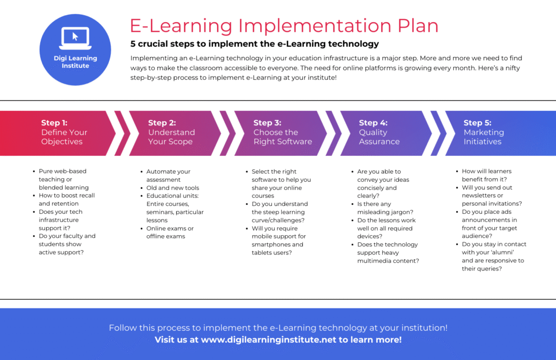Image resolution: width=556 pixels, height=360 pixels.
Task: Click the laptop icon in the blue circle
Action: [75, 36]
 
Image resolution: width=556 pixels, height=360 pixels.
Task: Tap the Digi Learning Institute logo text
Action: [75, 62]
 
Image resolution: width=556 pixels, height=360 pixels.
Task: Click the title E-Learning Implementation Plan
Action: [284, 26]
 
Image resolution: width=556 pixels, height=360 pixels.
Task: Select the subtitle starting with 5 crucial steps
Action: [254, 44]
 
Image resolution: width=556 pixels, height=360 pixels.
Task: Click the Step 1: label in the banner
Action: [54, 123]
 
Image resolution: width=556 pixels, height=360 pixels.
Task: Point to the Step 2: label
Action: [162, 123]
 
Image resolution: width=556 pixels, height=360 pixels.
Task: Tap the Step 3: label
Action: [267, 123]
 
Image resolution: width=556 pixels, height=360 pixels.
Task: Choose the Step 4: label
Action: [373, 123]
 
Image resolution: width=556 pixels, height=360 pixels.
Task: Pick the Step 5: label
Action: [477, 123]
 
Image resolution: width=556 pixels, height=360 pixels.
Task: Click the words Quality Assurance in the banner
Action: [379, 137]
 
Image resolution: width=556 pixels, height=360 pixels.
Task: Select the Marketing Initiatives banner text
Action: [483, 137]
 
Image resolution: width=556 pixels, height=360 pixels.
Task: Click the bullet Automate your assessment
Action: [168, 175]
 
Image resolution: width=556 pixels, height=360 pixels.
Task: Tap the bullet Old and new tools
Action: [173, 188]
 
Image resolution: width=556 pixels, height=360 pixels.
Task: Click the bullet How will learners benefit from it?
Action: [486, 175]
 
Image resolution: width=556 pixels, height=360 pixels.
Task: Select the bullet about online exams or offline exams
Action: [169, 232]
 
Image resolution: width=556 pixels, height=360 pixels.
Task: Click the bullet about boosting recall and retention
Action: [66, 199]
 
